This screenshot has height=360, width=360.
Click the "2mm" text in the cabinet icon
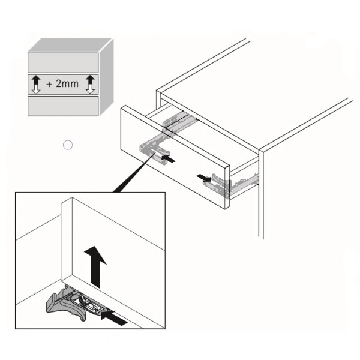tap(67, 84)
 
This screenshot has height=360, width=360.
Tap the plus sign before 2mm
tap(49, 84)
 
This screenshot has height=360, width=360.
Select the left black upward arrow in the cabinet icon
tap(36, 80)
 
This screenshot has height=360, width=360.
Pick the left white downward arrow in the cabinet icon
tap(36, 89)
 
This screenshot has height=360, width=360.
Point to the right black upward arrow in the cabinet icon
tap(90, 80)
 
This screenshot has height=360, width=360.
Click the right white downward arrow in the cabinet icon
tap(90, 89)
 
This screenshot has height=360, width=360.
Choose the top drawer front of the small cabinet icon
tap(63, 62)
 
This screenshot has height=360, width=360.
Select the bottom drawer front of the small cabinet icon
tap(63, 106)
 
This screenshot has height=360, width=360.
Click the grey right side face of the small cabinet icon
tap(106, 77)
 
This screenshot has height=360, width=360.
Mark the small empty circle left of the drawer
tap(68, 145)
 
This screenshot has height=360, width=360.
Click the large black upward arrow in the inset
tap(95, 267)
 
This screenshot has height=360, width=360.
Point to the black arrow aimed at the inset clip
tap(114, 317)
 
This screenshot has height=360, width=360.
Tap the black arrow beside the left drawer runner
tap(168, 158)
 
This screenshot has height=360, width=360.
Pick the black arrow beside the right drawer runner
tap(203, 178)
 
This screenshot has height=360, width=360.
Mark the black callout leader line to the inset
tap(134, 172)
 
